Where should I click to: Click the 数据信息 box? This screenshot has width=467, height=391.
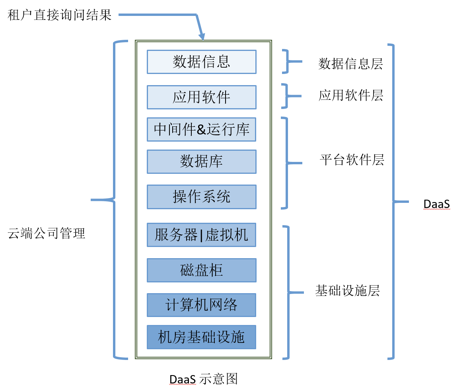(201, 62)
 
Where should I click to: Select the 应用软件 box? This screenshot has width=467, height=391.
(201, 97)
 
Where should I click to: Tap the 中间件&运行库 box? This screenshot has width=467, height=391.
(201, 129)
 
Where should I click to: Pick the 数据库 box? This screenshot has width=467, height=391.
(201, 161)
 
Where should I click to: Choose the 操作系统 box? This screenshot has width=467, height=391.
(201, 196)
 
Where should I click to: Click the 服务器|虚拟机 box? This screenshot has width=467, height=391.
(201, 235)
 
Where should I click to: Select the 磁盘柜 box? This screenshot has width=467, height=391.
(201, 270)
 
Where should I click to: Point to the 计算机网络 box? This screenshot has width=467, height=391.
(201, 305)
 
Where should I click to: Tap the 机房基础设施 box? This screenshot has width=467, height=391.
(201, 337)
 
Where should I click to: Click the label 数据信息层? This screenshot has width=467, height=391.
(350, 64)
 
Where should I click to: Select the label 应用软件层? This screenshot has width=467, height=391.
(350, 95)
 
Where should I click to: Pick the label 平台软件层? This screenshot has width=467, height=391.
(352, 160)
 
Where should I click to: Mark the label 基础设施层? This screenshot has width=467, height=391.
(347, 291)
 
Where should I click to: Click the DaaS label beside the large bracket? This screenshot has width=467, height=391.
(436, 204)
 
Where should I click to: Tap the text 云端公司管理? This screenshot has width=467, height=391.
(47, 233)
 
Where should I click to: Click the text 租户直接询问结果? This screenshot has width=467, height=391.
(60, 16)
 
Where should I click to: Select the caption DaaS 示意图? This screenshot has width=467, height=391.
(203, 379)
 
